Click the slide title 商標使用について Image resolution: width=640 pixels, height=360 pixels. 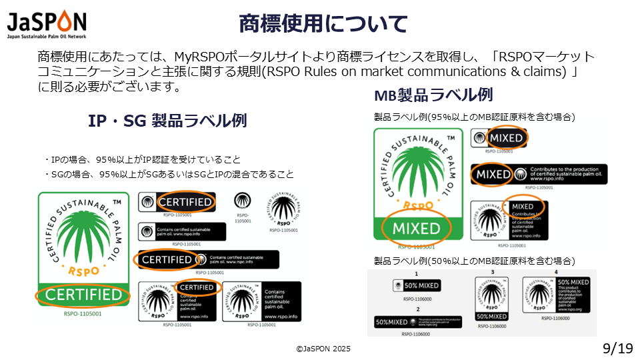click(x=323, y=24)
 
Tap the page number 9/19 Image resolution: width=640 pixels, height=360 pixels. click(x=617, y=348)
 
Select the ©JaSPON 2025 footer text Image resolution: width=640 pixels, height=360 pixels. click(x=323, y=349)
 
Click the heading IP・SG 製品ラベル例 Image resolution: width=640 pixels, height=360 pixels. click(x=167, y=121)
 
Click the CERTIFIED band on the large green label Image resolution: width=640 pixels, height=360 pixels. click(x=83, y=295)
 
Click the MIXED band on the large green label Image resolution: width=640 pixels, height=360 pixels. click(x=416, y=229)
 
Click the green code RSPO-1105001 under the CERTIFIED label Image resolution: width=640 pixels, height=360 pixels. click(x=82, y=313)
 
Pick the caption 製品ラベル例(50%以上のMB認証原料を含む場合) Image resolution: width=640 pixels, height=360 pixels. click(x=474, y=261)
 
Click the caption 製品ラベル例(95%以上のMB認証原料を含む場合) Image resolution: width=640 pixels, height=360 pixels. click(x=474, y=117)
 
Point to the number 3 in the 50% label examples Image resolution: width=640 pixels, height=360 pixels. click(x=492, y=273)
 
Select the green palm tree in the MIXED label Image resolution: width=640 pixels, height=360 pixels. click(x=416, y=175)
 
